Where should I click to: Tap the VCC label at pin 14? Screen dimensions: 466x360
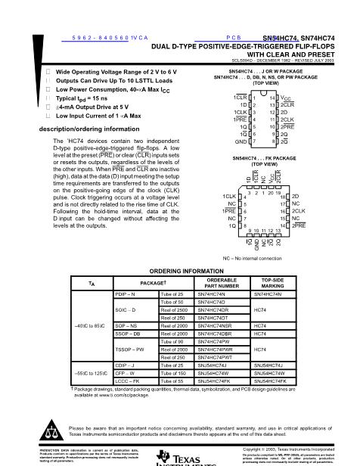click(x=285, y=98)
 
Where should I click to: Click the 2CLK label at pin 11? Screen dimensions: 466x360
click(x=287, y=120)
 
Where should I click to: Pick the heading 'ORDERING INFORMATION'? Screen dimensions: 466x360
click(x=179, y=270)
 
